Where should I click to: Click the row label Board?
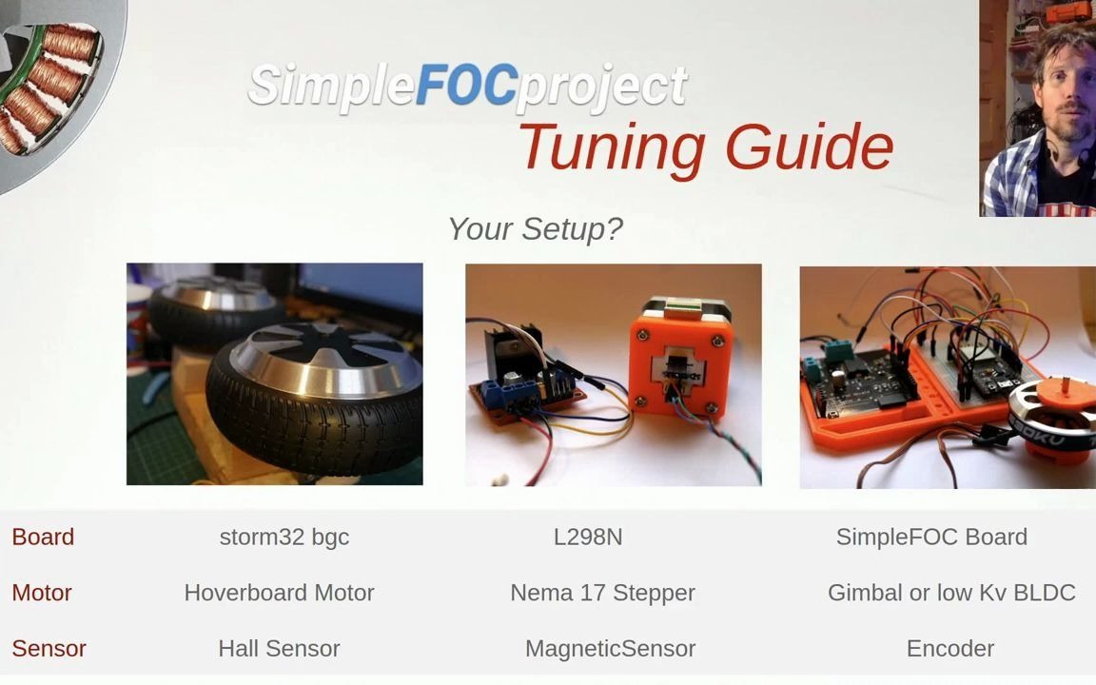tap(43, 537)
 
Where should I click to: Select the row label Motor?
tap(42, 593)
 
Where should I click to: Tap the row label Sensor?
tap(49, 649)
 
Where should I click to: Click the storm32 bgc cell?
tap(284, 537)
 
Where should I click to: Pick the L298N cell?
tap(588, 537)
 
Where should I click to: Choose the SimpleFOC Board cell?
tap(931, 537)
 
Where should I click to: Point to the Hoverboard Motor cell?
tap(279, 593)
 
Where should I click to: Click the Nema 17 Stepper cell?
tap(602, 593)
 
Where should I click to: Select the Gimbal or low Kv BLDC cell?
tap(951, 593)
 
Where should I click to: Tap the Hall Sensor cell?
tap(279, 649)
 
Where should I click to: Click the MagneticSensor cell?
tap(610, 649)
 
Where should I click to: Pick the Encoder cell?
tap(949, 649)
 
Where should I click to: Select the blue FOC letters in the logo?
tap(466, 86)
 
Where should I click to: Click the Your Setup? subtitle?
tap(535, 229)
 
